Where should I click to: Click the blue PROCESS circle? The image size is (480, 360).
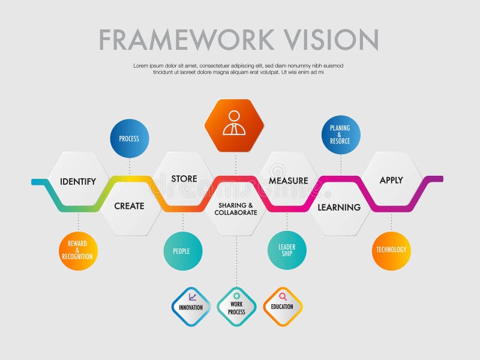pos(129,139)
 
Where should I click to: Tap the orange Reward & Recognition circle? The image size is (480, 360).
pos(78,251)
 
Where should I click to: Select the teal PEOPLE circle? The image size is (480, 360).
pos(182,251)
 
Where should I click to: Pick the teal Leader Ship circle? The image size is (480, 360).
pos(287,250)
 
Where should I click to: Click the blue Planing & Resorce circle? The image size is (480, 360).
pos(341,135)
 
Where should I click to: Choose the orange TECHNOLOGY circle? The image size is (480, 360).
pos(391,250)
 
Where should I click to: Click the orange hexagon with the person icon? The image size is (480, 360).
pos(235,125)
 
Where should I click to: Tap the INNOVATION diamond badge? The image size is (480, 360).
pos(191,307)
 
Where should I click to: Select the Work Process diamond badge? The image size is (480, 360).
pos(236,307)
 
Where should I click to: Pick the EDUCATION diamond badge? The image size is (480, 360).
pos(282,307)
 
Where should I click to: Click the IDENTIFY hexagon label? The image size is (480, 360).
pos(78,181)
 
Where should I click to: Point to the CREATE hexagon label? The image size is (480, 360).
pos(130,206)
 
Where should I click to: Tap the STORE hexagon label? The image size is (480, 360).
pos(184,179)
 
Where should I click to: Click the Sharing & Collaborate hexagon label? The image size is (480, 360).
pos(236,209)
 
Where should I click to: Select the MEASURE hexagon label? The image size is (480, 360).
pos(288,181)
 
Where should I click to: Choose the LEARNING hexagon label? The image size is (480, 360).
pos(339,207)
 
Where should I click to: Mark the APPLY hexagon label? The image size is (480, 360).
pos(391,180)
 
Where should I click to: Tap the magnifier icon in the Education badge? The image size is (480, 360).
pos(283,296)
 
